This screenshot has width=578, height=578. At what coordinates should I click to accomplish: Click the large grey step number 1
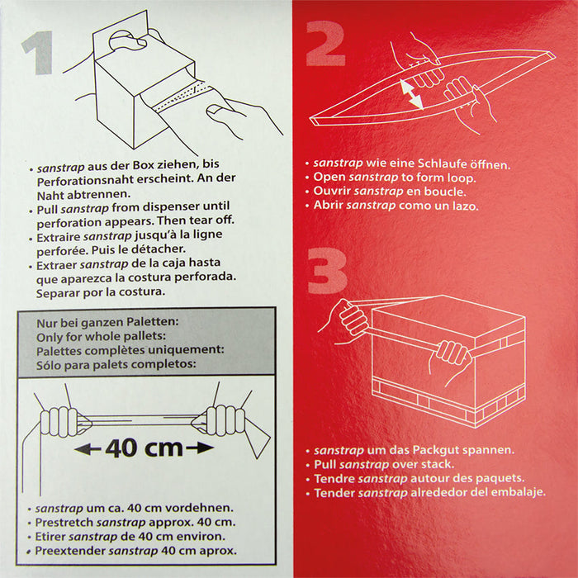tap(38, 53)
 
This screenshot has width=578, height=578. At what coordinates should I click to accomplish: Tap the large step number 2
tap(325, 44)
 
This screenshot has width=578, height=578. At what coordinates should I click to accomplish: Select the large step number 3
tap(327, 271)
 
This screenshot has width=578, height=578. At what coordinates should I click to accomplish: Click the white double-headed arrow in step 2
tap(412, 95)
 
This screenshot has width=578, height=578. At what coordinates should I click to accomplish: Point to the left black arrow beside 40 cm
tap(88, 449)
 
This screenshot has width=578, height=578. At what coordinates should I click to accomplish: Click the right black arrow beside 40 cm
tap(200, 448)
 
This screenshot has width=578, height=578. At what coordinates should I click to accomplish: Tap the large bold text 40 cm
tap(144, 448)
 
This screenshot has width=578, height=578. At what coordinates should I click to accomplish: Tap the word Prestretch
tap(64, 523)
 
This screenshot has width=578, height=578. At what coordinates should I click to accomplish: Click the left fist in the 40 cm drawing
tap(59, 421)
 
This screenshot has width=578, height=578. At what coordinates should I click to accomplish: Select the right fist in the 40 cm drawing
tap(225, 419)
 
